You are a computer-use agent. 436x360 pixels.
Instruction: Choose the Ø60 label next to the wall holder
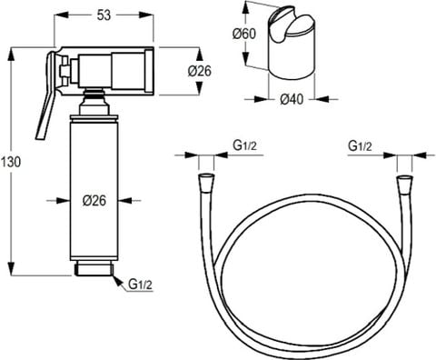pos(243,34)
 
